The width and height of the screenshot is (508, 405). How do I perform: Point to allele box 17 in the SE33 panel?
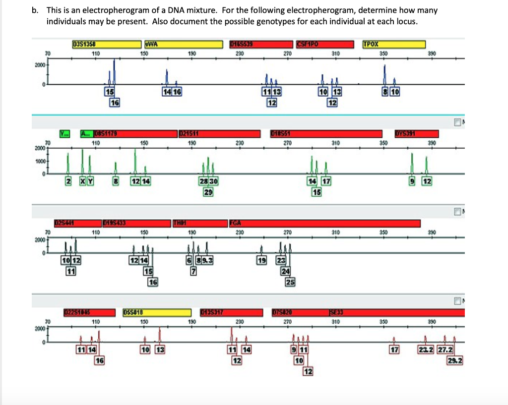[x=394, y=351]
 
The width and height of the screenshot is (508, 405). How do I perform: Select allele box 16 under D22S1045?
[x=100, y=360]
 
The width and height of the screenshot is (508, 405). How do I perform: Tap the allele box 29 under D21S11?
[x=208, y=191]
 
